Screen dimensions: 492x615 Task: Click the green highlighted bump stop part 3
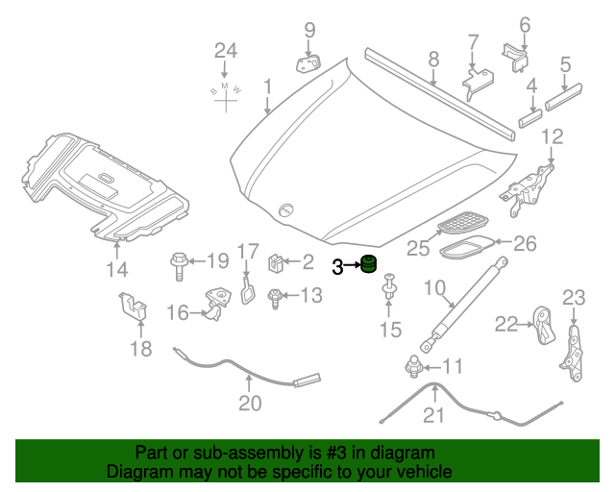tap(368, 264)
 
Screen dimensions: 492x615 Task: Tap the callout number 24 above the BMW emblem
tap(225, 50)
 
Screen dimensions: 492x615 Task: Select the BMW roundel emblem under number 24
tap(225, 91)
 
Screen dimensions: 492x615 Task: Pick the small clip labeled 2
tap(274, 261)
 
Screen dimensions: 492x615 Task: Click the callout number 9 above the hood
tap(309, 30)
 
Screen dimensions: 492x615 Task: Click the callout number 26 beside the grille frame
tap(525, 243)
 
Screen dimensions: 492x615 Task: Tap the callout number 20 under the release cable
tap(250, 404)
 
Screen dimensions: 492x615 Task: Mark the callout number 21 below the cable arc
tap(435, 415)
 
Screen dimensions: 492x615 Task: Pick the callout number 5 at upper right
tap(565, 65)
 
